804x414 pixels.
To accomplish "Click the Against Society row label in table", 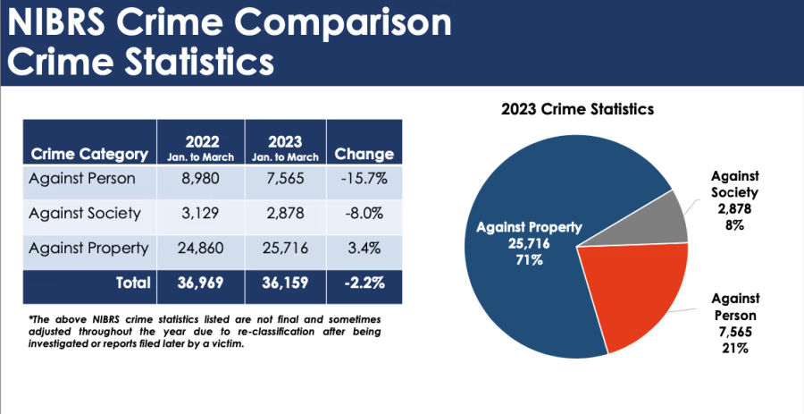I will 84,214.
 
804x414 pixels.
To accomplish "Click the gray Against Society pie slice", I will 661,220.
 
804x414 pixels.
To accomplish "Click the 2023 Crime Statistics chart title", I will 577,110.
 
